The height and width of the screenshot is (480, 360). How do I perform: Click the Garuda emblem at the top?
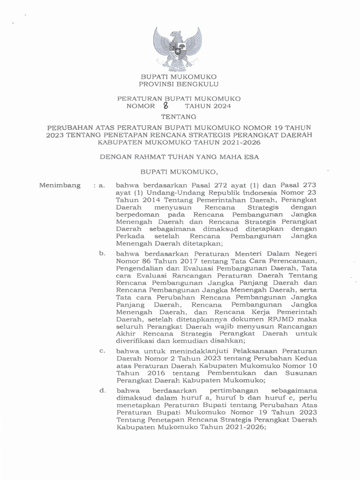click(179, 49)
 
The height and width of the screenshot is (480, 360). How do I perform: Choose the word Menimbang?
click(60, 186)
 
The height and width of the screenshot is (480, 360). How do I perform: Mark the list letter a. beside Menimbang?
click(101, 186)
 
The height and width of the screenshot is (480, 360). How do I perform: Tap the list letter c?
click(102, 350)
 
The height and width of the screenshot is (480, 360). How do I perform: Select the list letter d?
click(102, 390)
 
